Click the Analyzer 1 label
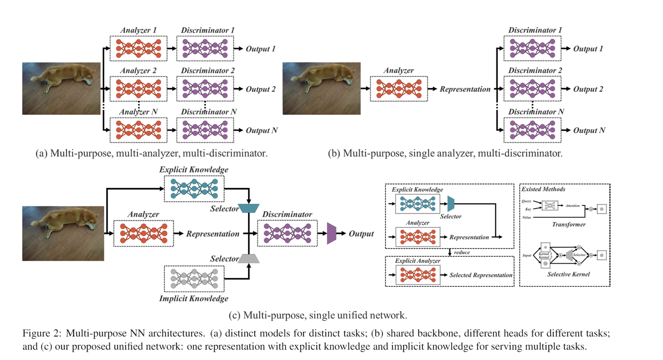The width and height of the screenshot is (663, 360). point(138,30)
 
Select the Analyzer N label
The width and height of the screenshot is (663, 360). point(138,112)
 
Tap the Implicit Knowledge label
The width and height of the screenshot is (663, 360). point(193,299)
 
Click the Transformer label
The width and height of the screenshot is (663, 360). point(569,225)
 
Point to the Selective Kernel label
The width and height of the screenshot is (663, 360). point(569,274)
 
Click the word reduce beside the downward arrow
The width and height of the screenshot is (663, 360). point(462,252)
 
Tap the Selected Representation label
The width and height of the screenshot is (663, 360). point(481,275)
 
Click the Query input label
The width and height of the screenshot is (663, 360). point(527,201)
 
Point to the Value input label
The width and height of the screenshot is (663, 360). point(527,216)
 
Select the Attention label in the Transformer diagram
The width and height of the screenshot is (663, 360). point(572,206)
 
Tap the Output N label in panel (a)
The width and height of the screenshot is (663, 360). point(262,131)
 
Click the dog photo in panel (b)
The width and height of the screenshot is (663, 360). point(321,88)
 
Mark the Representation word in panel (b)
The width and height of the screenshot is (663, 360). point(465,89)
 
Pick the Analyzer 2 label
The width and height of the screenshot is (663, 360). point(138,71)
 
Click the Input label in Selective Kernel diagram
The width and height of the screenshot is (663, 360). point(527,255)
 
